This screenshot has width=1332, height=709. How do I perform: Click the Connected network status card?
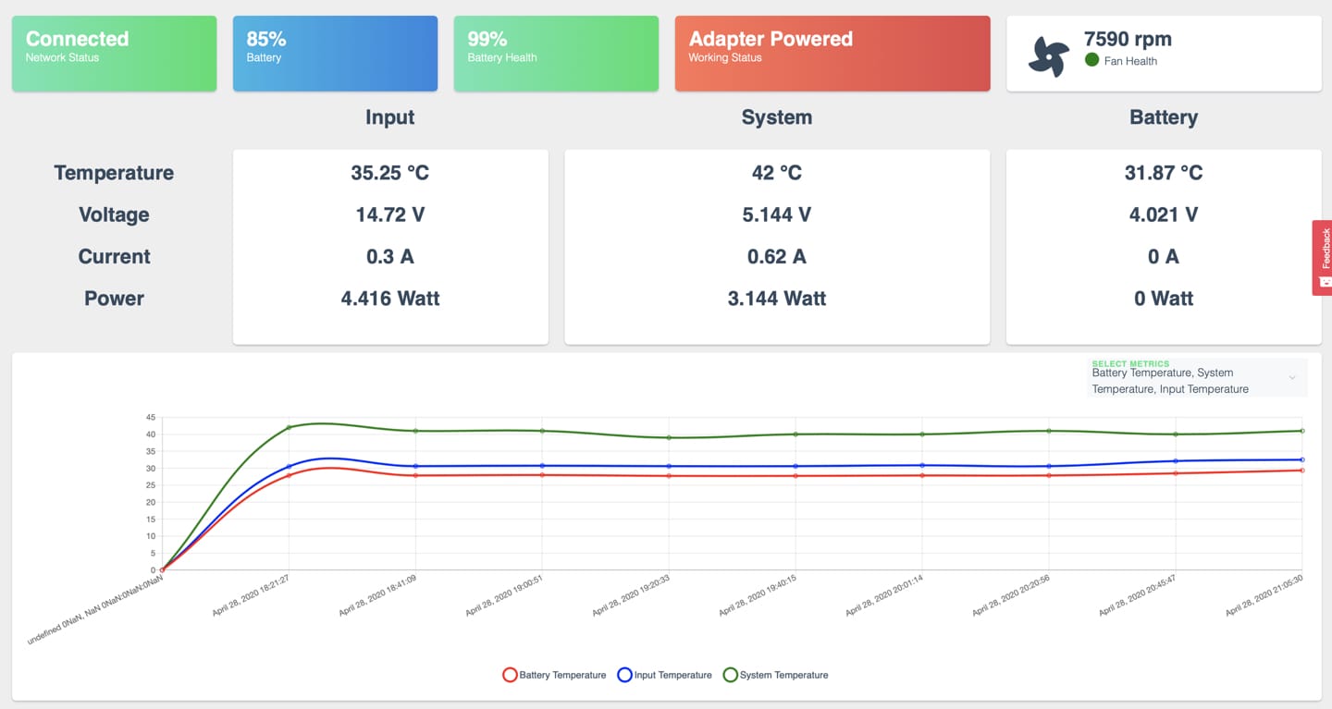[x=114, y=54]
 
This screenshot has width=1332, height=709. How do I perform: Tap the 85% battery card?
[x=336, y=54]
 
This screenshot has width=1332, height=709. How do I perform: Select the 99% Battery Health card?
[x=556, y=54]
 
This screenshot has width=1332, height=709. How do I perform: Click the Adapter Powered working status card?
[x=832, y=54]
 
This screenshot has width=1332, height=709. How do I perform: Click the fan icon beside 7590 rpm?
[x=1048, y=56]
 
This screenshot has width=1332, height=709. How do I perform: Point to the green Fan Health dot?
[x=1091, y=60]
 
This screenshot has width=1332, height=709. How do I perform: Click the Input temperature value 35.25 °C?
[x=390, y=173]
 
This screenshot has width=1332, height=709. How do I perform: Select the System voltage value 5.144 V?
[x=777, y=214]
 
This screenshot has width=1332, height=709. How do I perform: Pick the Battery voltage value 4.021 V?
[x=1164, y=214]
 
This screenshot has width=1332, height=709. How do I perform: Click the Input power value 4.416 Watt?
[x=390, y=299]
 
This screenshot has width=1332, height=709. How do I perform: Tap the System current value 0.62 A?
[x=777, y=257]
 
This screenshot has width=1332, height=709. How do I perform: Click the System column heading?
[x=777, y=117]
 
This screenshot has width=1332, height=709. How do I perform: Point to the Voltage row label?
[x=114, y=214]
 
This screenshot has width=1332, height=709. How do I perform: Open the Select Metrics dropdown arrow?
[x=1291, y=377]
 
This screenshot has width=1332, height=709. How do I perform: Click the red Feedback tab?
[x=1323, y=258]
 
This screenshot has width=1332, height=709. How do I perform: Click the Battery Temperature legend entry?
[x=554, y=675]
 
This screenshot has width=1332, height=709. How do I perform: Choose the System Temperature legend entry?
[x=775, y=675]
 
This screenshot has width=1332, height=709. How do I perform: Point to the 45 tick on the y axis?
[x=151, y=417]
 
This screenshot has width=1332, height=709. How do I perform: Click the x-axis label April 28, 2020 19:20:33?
[x=631, y=595]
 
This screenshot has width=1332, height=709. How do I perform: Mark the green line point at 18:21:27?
[x=289, y=427]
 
